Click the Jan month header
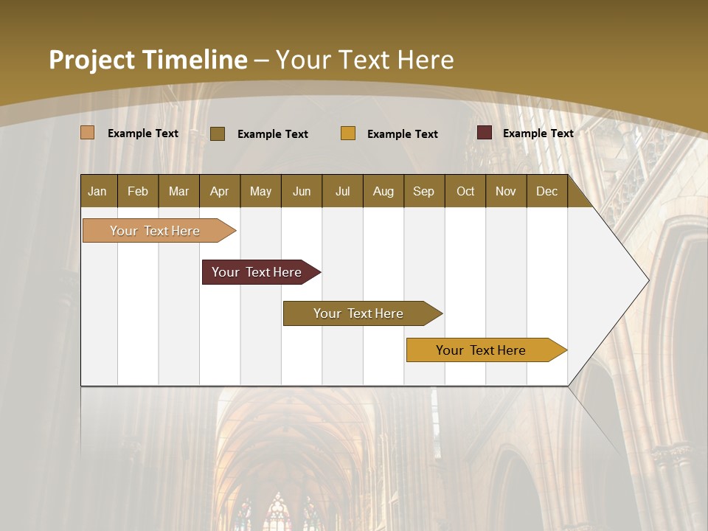click(98, 191)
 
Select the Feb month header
click(138, 191)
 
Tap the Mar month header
click(178, 191)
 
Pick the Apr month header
click(220, 191)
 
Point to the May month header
click(260, 191)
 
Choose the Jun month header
click(302, 191)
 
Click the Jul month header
click(342, 191)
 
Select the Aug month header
click(383, 191)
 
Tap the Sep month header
click(424, 191)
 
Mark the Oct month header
click(465, 191)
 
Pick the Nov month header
click(506, 191)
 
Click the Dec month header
click(547, 191)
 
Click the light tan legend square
click(87, 133)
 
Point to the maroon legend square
click(484, 133)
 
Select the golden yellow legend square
click(348, 133)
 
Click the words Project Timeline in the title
click(148, 60)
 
